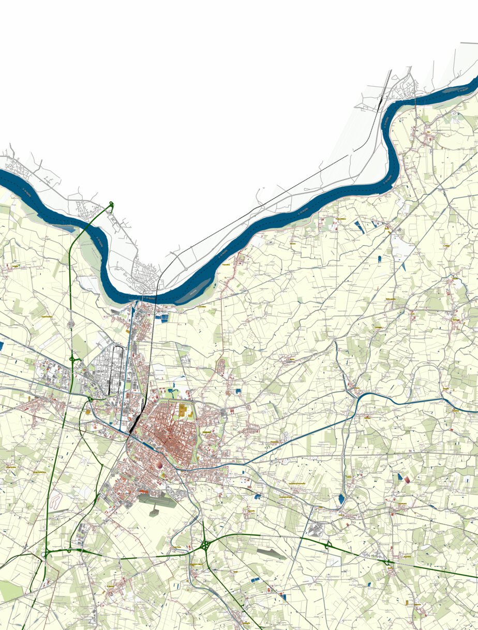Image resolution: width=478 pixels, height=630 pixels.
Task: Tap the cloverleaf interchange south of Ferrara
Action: click(206, 545)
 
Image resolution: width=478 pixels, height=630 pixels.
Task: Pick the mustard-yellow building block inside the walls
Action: click(183, 411)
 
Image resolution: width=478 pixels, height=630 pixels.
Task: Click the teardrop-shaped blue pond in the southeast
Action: click(341, 499)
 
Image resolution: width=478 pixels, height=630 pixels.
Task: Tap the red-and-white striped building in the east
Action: click(408, 480)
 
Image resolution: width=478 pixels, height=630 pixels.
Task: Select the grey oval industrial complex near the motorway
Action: click(315, 529)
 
